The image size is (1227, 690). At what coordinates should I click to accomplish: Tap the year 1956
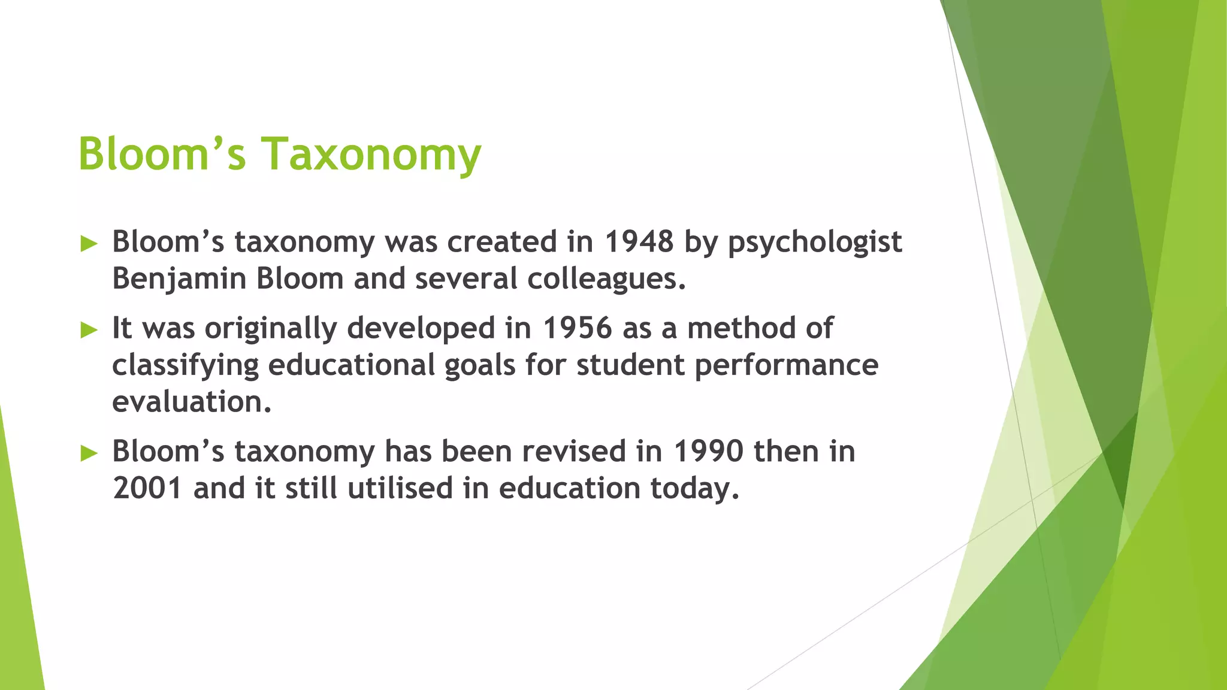[578, 328]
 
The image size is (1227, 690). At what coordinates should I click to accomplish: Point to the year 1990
[708, 451]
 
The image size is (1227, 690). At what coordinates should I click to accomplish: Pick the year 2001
[147, 488]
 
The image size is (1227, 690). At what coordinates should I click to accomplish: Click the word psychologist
[815, 243]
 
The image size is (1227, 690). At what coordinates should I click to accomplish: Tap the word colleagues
[605, 279]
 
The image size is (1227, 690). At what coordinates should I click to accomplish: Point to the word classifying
[185, 365]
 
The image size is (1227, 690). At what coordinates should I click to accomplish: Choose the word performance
[786, 365]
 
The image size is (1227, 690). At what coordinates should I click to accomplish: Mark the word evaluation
[191, 402]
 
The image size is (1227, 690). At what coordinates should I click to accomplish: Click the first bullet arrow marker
[89, 244]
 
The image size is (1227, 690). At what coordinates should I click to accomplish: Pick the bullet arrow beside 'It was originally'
[89, 330]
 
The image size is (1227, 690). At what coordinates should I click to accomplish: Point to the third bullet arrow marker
[89, 453]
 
